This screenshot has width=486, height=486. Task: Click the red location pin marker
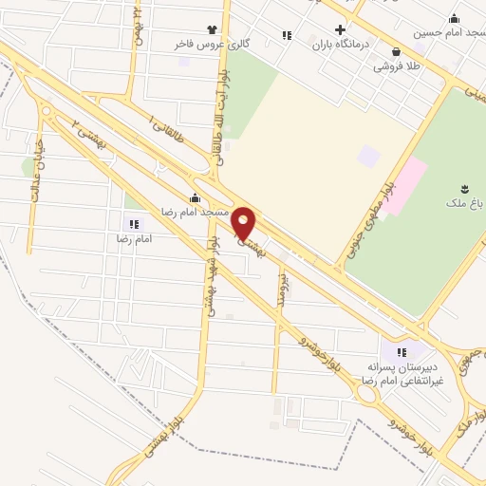pyautogui.click(x=244, y=223)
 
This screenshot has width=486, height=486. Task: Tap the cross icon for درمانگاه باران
pyautogui.click(x=340, y=29)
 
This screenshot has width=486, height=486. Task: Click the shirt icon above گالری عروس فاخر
pyautogui.click(x=211, y=29)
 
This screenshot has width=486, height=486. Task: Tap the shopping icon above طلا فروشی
pyautogui.click(x=395, y=52)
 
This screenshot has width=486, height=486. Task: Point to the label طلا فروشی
pyautogui.click(x=396, y=66)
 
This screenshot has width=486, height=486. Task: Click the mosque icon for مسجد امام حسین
pyautogui.click(x=454, y=18)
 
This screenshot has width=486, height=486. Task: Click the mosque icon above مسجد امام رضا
pyautogui.click(x=195, y=197)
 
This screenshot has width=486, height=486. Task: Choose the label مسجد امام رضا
pyautogui.click(x=195, y=212)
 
